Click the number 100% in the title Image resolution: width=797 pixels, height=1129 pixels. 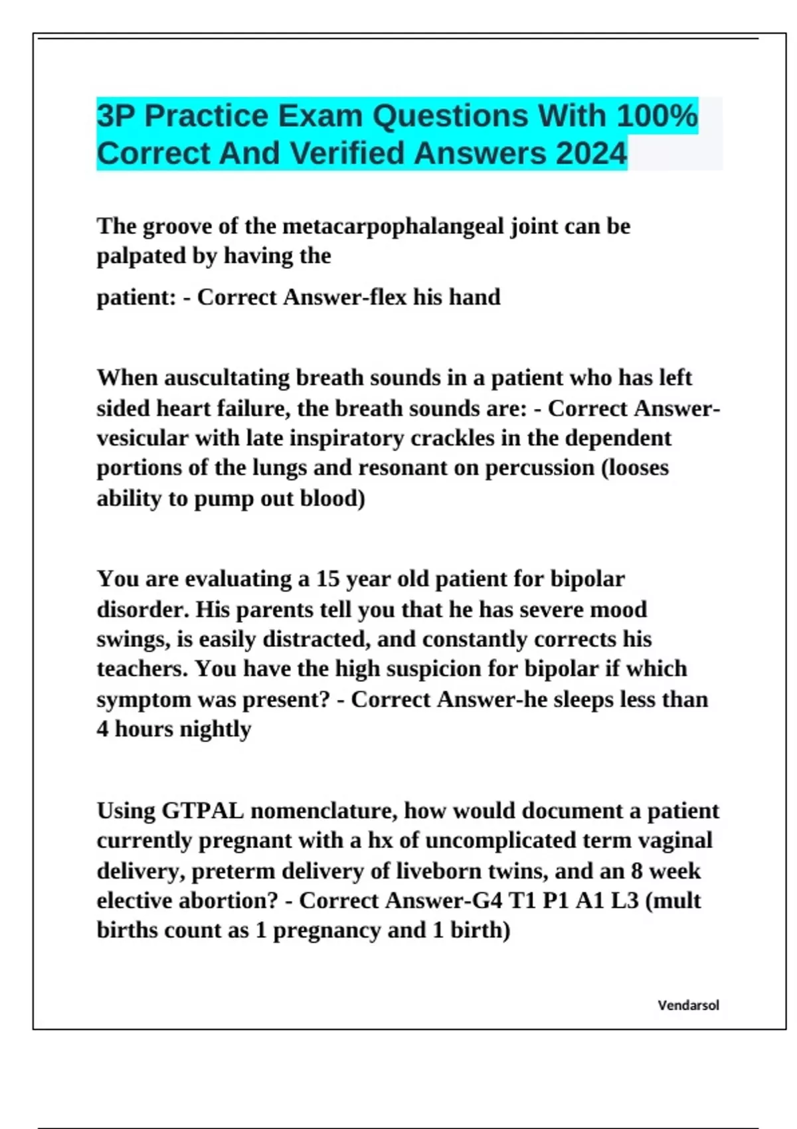click(657, 116)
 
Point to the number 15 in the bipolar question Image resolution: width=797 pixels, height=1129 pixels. click(327, 579)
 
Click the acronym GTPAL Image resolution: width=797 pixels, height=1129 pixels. click(203, 811)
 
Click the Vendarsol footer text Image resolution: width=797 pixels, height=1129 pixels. click(688, 1005)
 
